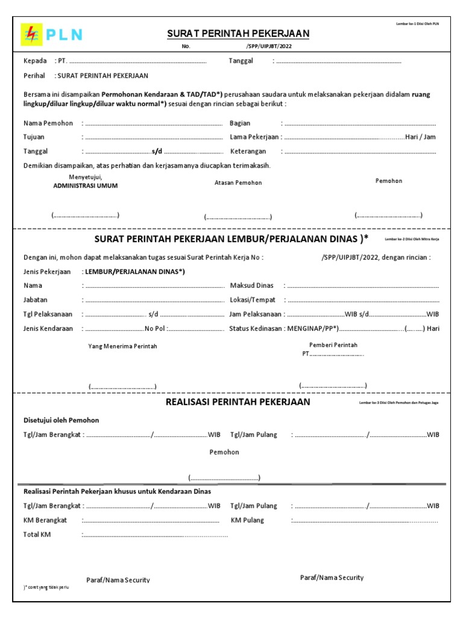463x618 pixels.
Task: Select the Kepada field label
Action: click(x=35, y=61)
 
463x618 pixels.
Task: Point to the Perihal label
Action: click(x=34, y=76)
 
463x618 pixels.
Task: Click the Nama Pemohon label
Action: click(x=48, y=123)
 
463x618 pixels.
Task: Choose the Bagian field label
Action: click(x=240, y=123)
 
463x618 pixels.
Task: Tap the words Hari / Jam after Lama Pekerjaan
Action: click(x=420, y=137)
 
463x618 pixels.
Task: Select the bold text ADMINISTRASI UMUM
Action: click(x=86, y=186)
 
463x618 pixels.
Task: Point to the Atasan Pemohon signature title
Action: click(x=238, y=182)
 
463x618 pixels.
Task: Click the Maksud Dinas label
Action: click(x=252, y=285)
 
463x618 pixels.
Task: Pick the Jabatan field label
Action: click(x=35, y=299)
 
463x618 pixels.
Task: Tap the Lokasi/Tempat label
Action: click(x=253, y=299)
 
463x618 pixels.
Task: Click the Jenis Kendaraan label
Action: click(x=48, y=328)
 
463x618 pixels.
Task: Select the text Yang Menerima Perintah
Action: click(x=122, y=346)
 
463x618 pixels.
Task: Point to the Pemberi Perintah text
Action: click(x=333, y=345)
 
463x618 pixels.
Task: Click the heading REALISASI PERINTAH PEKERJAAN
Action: click(x=238, y=402)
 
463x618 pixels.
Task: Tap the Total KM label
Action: click(x=37, y=534)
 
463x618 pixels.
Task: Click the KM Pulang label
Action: click(x=247, y=520)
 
